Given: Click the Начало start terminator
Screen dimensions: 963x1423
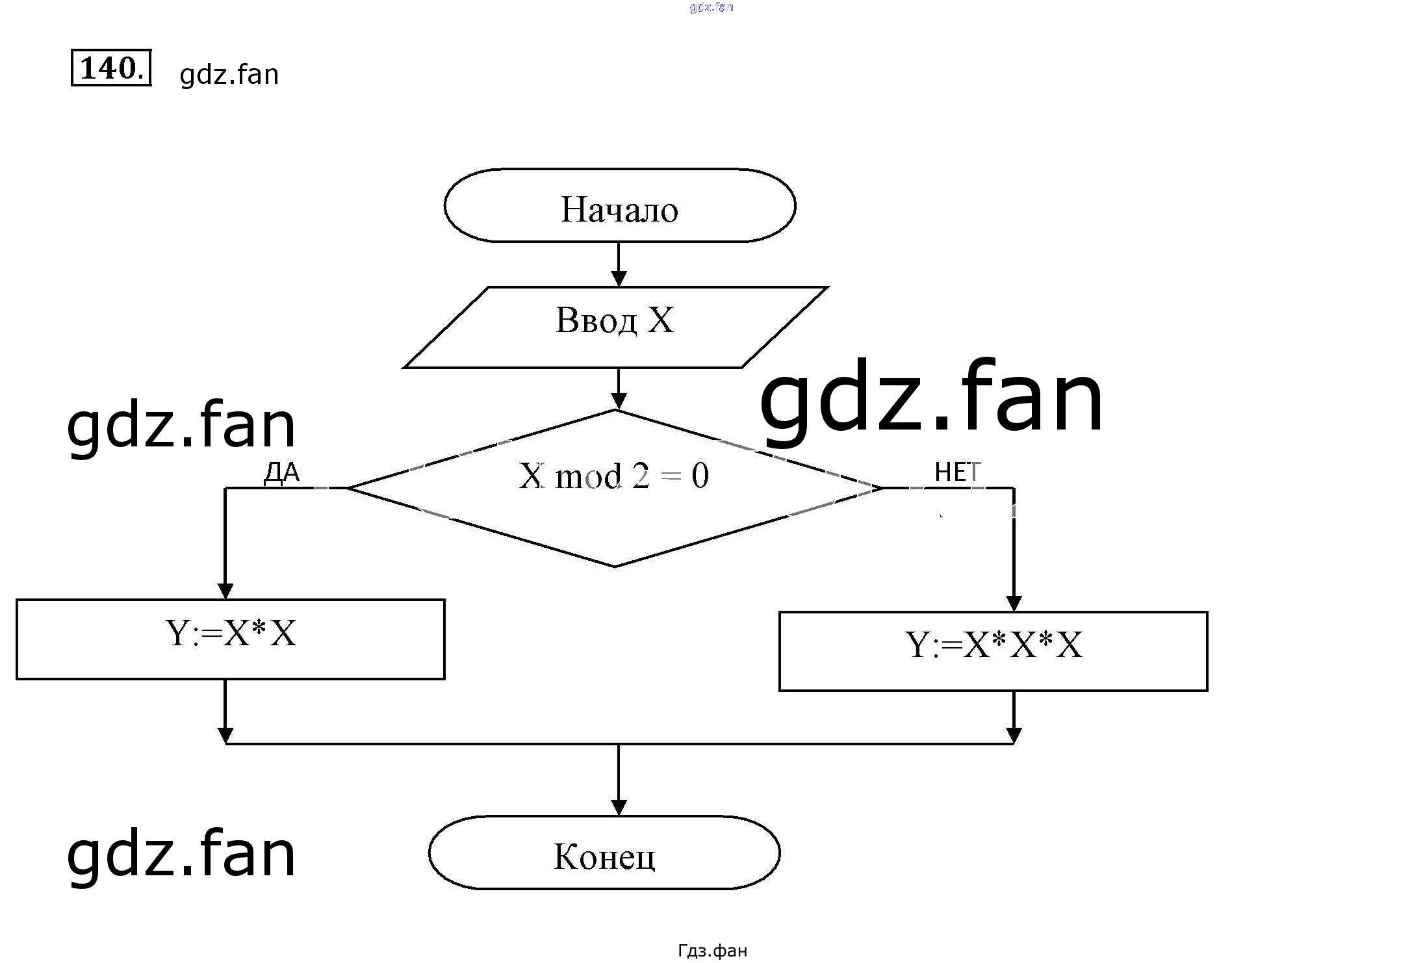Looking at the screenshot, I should coord(619,206).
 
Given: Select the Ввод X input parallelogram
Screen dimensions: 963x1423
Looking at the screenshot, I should coord(615,327).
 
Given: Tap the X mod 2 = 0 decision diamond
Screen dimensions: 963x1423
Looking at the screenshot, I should coord(615,487).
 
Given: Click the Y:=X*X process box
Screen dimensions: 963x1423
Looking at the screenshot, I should coord(230,639).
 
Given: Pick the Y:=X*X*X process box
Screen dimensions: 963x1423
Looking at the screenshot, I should coord(993,651).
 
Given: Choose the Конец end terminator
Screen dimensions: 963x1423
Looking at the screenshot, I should coord(604,852).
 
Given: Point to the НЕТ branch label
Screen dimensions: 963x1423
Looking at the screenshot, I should coord(957,472).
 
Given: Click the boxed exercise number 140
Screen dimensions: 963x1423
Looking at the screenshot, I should coord(110,68).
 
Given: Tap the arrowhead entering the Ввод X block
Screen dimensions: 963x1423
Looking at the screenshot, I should coord(619,279).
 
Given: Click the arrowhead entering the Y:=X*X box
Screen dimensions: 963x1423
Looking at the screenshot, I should coord(225,591).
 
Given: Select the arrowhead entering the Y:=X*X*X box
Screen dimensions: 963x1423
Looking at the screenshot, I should coord(1014,603).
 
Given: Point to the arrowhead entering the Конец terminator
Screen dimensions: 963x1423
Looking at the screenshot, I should coord(619,807).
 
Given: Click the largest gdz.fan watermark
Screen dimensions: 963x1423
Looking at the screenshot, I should coord(930,398).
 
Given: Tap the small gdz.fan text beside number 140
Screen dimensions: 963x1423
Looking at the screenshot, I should coord(229,75).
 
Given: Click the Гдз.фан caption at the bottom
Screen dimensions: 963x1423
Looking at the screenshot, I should coord(712,951).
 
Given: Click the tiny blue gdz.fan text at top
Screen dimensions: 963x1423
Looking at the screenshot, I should coord(711,7).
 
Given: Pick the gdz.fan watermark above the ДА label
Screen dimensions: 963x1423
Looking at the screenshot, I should coord(181,426).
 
